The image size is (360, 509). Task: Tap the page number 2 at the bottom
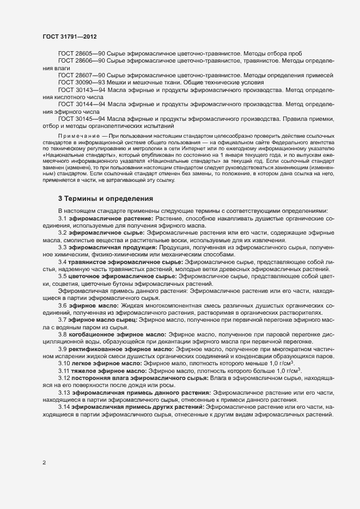click(x=44, y=463)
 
